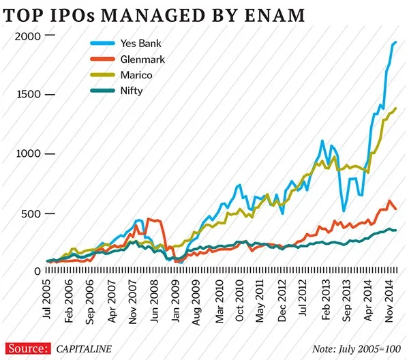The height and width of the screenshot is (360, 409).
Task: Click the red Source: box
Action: (x=27, y=348)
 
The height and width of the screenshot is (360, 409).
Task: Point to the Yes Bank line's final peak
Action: (x=395, y=42)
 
